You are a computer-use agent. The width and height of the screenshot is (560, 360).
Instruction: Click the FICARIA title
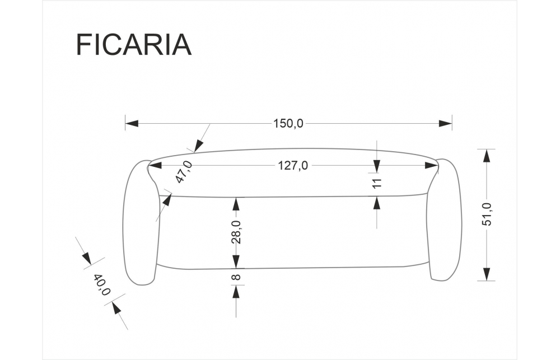point(134,45)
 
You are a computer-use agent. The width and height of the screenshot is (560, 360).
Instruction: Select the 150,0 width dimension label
point(288,123)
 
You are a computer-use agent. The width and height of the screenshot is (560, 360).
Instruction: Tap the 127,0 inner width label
point(293,165)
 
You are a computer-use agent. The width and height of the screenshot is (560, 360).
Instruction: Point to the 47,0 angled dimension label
point(184,172)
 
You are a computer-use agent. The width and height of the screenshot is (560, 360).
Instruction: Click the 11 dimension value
point(377,183)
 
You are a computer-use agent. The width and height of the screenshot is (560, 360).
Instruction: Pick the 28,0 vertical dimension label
point(236,232)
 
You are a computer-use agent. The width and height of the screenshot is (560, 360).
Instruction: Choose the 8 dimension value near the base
point(236,277)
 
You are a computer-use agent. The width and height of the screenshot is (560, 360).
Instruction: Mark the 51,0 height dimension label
point(487,214)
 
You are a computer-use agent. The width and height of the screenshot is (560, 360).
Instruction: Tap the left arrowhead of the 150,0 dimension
point(132,124)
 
